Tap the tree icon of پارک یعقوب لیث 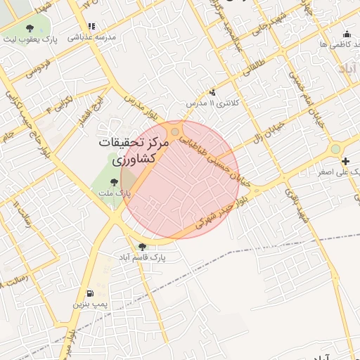coord(30,29)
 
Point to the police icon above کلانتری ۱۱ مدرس coord(213,92)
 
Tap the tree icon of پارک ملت coord(115,183)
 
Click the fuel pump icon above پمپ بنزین coord(89,294)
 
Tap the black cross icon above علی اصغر coord(345,161)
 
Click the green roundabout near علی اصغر coord(335,148)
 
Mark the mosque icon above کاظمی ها coord(346,34)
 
